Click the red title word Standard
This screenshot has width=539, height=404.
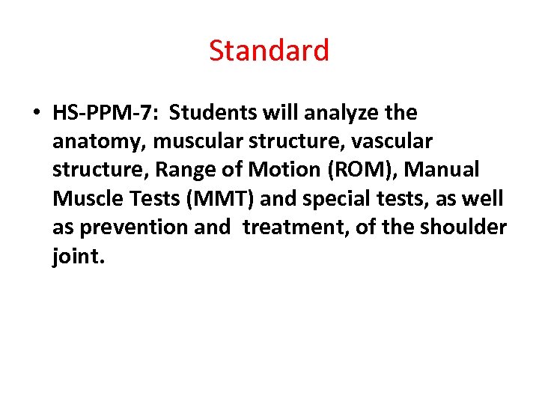click(x=269, y=51)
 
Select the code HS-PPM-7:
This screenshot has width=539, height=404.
click(x=106, y=113)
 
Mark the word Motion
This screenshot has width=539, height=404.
click(x=278, y=170)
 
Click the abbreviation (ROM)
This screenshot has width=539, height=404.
click(x=356, y=170)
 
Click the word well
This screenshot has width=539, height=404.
click(x=485, y=199)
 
